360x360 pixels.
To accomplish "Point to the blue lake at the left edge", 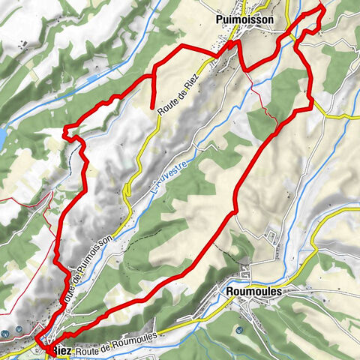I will pos(2,136).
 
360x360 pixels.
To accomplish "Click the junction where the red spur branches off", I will pos(153,76).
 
